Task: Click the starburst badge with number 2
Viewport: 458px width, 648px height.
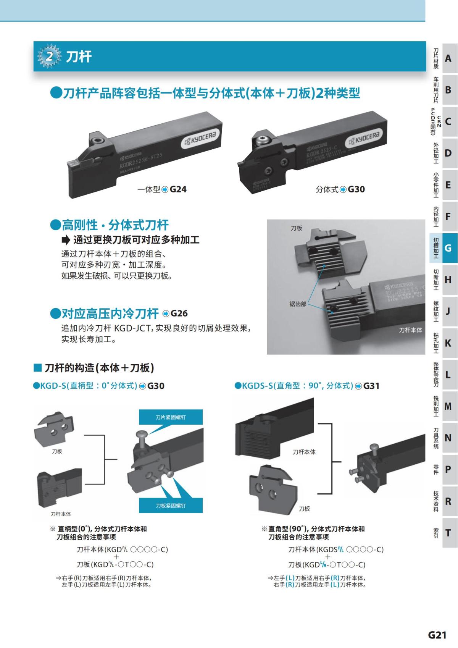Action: (x=49, y=57)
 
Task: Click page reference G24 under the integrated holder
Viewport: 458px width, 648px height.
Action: (x=178, y=189)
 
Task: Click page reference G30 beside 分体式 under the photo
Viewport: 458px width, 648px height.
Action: (x=356, y=189)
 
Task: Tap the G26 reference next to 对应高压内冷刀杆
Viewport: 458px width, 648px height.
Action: (x=179, y=313)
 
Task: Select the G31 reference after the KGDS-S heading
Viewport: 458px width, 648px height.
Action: (x=371, y=386)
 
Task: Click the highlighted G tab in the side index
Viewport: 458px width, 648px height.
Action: (x=448, y=248)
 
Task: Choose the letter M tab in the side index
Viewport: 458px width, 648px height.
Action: (x=448, y=406)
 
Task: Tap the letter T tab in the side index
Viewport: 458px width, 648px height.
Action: (x=448, y=533)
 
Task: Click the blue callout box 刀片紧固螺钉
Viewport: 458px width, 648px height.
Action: (x=170, y=417)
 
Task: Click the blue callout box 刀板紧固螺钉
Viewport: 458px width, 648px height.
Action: (x=170, y=506)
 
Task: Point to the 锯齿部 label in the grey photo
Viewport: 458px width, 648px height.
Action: (x=298, y=304)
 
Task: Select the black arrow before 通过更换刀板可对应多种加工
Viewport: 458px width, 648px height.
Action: (x=66, y=240)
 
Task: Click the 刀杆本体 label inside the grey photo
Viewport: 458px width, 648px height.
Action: (x=410, y=330)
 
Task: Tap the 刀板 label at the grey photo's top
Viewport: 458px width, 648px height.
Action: (x=296, y=228)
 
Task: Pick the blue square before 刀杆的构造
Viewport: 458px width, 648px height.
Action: (x=37, y=368)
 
